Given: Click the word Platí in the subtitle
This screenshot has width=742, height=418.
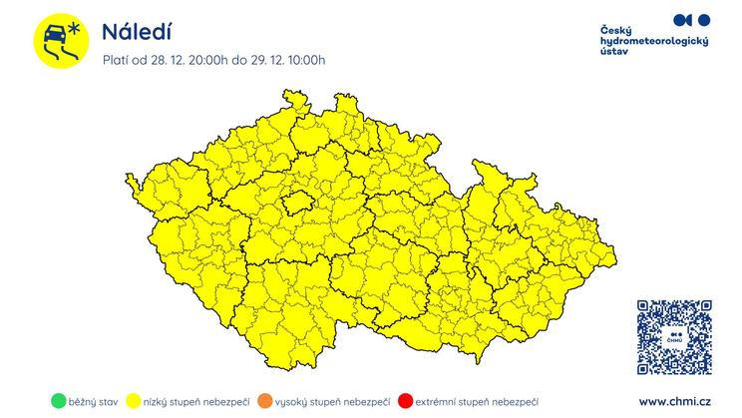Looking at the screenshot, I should point(118,60).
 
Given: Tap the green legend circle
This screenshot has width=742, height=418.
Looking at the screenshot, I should point(59,402).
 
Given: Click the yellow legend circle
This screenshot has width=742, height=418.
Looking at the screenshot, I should point(133,402).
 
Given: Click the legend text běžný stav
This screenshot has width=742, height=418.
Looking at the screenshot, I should point(94,402).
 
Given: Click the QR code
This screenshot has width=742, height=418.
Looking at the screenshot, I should point(674,337).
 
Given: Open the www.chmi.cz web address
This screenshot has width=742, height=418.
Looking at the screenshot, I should point(674,401).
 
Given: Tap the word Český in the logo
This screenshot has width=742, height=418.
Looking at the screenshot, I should point(615,30).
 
